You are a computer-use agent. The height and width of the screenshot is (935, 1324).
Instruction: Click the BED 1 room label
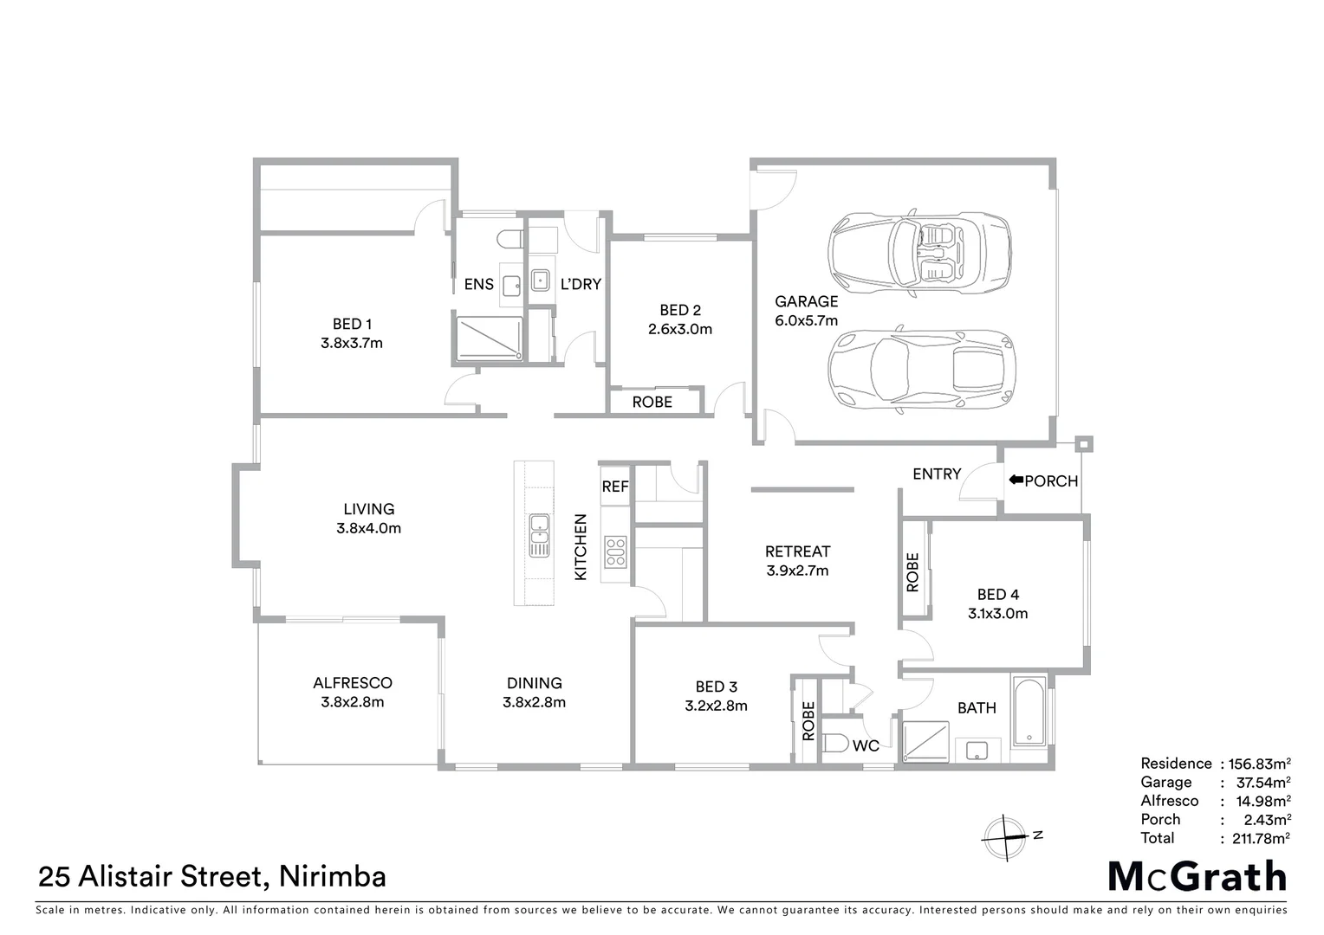[x=352, y=325]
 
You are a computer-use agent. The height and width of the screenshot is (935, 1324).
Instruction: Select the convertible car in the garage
[x=919, y=255]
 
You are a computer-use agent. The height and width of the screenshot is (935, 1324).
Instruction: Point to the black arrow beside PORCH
[x=1016, y=480]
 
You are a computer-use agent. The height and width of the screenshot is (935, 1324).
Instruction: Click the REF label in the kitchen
[x=615, y=487]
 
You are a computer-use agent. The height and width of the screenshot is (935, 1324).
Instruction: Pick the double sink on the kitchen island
[x=538, y=535]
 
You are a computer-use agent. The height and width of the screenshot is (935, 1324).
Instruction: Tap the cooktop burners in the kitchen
[x=615, y=551]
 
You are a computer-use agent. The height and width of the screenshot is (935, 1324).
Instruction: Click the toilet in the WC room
[x=836, y=744]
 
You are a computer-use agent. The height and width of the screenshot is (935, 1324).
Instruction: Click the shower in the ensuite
[x=490, y=339]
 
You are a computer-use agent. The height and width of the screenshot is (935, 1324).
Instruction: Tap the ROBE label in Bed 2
[x=652, y=403]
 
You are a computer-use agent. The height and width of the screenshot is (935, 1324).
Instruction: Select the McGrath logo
[x=1197, y=876]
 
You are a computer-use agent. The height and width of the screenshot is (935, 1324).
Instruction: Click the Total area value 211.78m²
[x=1256, y=838]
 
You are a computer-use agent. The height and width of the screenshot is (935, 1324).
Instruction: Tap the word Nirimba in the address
[x=334, y=876]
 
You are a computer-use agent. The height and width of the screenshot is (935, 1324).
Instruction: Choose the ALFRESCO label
[x=353, y=683]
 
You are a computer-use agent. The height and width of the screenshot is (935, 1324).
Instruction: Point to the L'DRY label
[x=581, y=284]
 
